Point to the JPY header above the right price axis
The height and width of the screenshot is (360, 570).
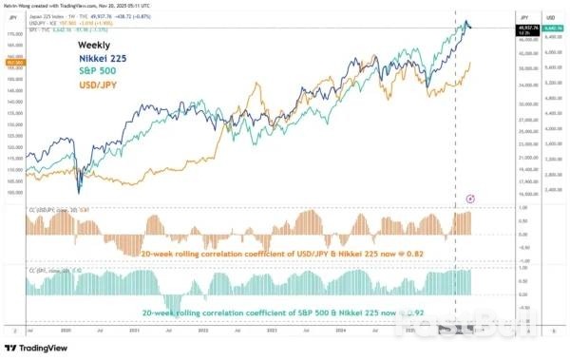(x=525, y=17)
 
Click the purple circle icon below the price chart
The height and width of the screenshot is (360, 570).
(x=472, y=198)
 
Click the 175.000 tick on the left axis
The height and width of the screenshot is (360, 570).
(x=14, y=32)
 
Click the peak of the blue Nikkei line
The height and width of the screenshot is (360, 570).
(x=465, y=20)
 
